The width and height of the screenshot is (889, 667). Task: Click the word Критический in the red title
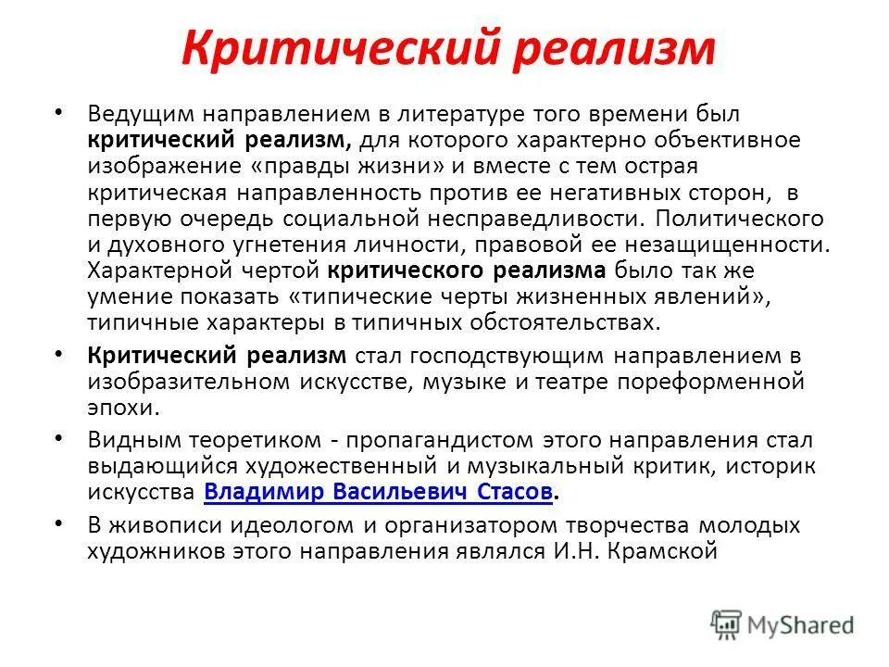point(330,48)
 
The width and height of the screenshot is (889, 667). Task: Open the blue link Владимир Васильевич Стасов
point(377,492)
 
